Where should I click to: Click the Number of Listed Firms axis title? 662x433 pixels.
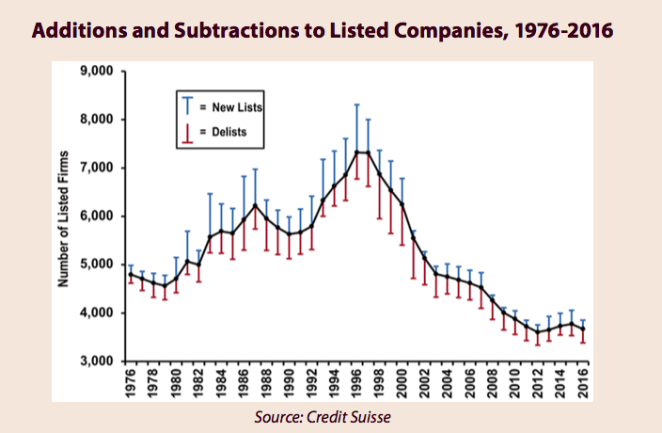[67, 216]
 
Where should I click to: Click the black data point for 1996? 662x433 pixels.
[357, 152]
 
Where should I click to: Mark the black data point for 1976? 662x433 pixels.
[130, 274]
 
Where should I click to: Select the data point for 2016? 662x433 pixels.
[584, 329]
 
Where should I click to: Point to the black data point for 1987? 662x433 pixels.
[255, 205]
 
